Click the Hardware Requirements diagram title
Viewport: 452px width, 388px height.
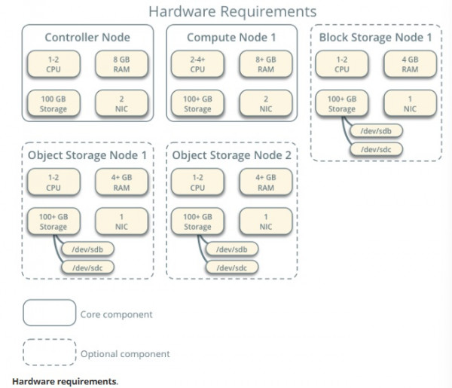click(x=232, y=11)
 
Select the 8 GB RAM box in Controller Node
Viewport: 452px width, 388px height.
click(x=122, y=64)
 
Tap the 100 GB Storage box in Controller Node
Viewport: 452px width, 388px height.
click(x=53, y=103)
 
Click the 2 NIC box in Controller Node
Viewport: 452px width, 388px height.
click(x=122, y=103)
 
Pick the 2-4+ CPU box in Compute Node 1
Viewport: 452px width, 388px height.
click(x=197, y=64)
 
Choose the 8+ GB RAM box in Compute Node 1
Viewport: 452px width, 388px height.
click(x=266, y=64)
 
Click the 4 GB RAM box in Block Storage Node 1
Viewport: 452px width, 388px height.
click(x=410, y=64)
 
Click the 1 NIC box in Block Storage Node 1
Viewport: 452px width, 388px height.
click(x=410, y=103)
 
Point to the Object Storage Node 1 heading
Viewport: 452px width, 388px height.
click(x=86, y=155)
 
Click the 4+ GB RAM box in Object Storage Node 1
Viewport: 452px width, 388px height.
click(x=122, y=182)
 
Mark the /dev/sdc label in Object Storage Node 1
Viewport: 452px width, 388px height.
click(x=86, y=267)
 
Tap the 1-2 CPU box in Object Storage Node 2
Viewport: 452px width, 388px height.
click(x=197, y=182)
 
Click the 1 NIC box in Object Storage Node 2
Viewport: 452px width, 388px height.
click(x=266, y=221)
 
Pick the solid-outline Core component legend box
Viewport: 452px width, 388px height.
click(x=49, y=313)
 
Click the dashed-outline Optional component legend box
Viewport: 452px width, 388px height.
click(x=49, y=353)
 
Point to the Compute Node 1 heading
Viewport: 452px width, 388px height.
click(x=231, y=37)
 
